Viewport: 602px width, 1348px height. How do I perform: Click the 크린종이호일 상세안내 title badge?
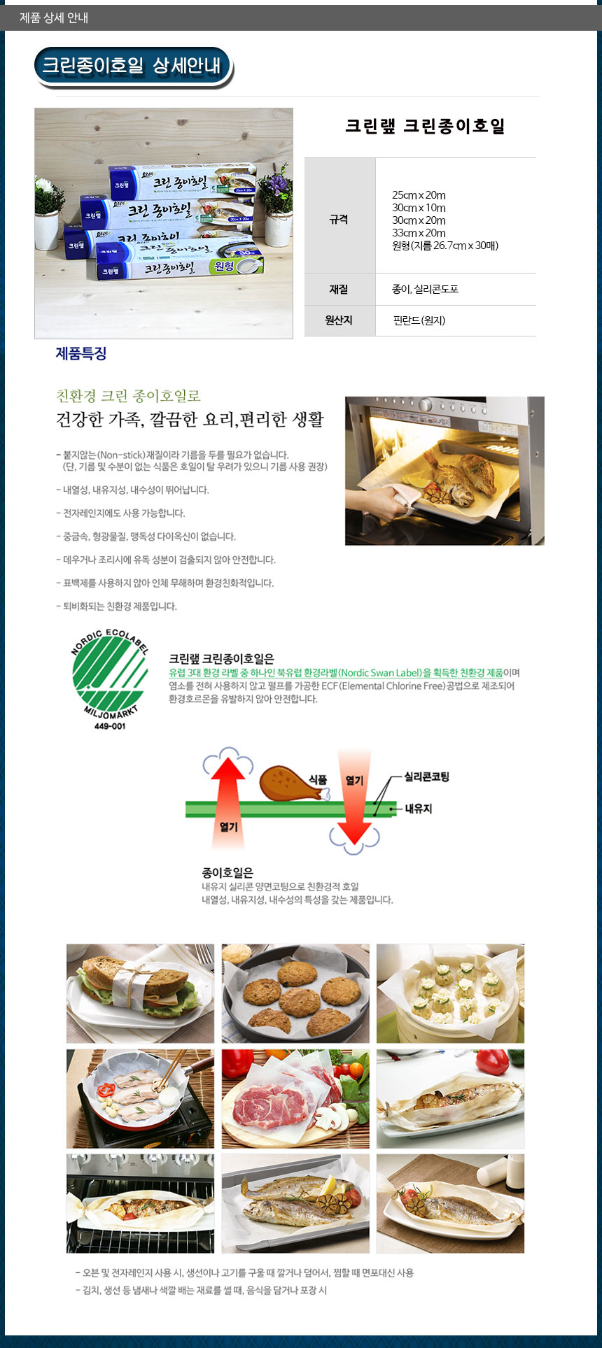(133, 67)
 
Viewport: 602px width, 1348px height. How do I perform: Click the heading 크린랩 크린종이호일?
(425, 127)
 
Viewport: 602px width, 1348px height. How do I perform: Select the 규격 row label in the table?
(339, 220)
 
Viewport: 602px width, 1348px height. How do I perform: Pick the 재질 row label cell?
(339, 289)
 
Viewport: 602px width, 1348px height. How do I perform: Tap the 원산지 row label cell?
(339, 320)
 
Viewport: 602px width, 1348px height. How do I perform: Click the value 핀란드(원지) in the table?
(419, 320)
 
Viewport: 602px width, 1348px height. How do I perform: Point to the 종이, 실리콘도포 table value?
(425, 289)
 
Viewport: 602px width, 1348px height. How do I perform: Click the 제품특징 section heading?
(81, 353)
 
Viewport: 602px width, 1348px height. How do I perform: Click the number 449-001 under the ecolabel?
(109, 725)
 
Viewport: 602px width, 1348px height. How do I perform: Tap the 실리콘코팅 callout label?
(426, 776)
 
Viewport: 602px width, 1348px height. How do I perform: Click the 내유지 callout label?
(419, 809)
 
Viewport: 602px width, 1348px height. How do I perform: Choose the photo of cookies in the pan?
(295, 993)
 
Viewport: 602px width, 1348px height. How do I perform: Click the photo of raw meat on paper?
(295, 1098)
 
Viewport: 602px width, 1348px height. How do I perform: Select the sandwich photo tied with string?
(140, 993)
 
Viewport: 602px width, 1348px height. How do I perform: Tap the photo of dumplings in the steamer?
(450, 993)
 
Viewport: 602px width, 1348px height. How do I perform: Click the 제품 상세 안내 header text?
(54, 17)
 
